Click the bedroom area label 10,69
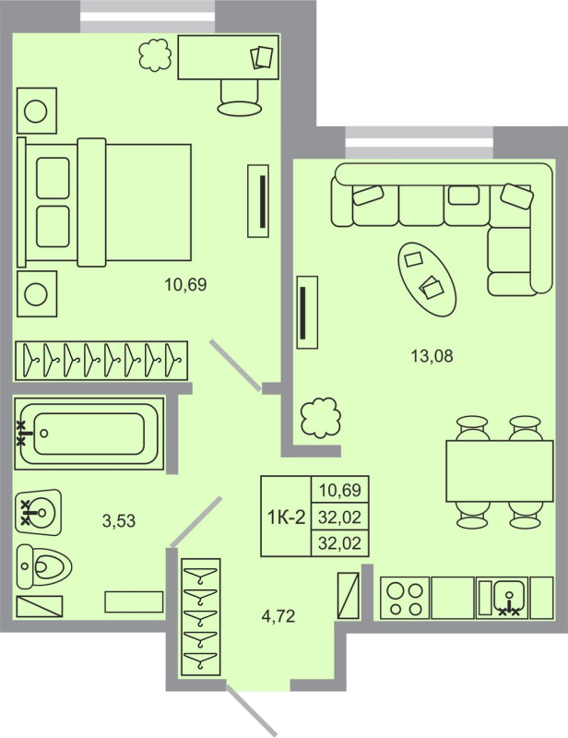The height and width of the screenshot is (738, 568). tap(185, 285)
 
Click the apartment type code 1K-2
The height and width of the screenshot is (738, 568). tap(286, 517)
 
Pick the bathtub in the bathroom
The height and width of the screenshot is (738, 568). tap(89, 432)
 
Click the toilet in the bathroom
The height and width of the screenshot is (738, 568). tap(44, 565)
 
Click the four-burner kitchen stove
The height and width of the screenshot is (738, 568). tap(405, 597)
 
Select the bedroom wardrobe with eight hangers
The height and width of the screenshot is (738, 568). tap(101, 359)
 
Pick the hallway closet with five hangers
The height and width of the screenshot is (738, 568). tap(202, 616)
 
